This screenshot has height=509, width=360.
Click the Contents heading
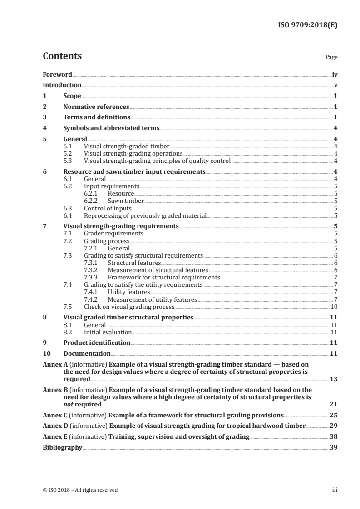click(62, 56)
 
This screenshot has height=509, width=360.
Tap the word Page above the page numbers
click(331, 58)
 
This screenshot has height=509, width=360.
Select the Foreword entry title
click(57, 74)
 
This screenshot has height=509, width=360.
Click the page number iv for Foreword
click(335, 74)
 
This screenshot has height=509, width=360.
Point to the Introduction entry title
click(62, 85)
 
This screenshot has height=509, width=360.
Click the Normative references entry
click(96, 107)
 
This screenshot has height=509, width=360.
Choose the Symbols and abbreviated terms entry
click(111, 128)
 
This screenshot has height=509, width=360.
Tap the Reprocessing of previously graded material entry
click(145, 215)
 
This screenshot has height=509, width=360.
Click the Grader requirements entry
click(114, 234)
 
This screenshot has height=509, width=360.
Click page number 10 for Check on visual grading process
click(334, 307)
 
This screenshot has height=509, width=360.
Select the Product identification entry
click(97, 343)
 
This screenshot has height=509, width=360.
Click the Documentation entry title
click(87, 353)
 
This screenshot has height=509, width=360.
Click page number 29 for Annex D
click(334, 426)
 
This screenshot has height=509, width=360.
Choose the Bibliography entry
click(62, 447)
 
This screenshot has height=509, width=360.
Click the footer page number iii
click(335, 490)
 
